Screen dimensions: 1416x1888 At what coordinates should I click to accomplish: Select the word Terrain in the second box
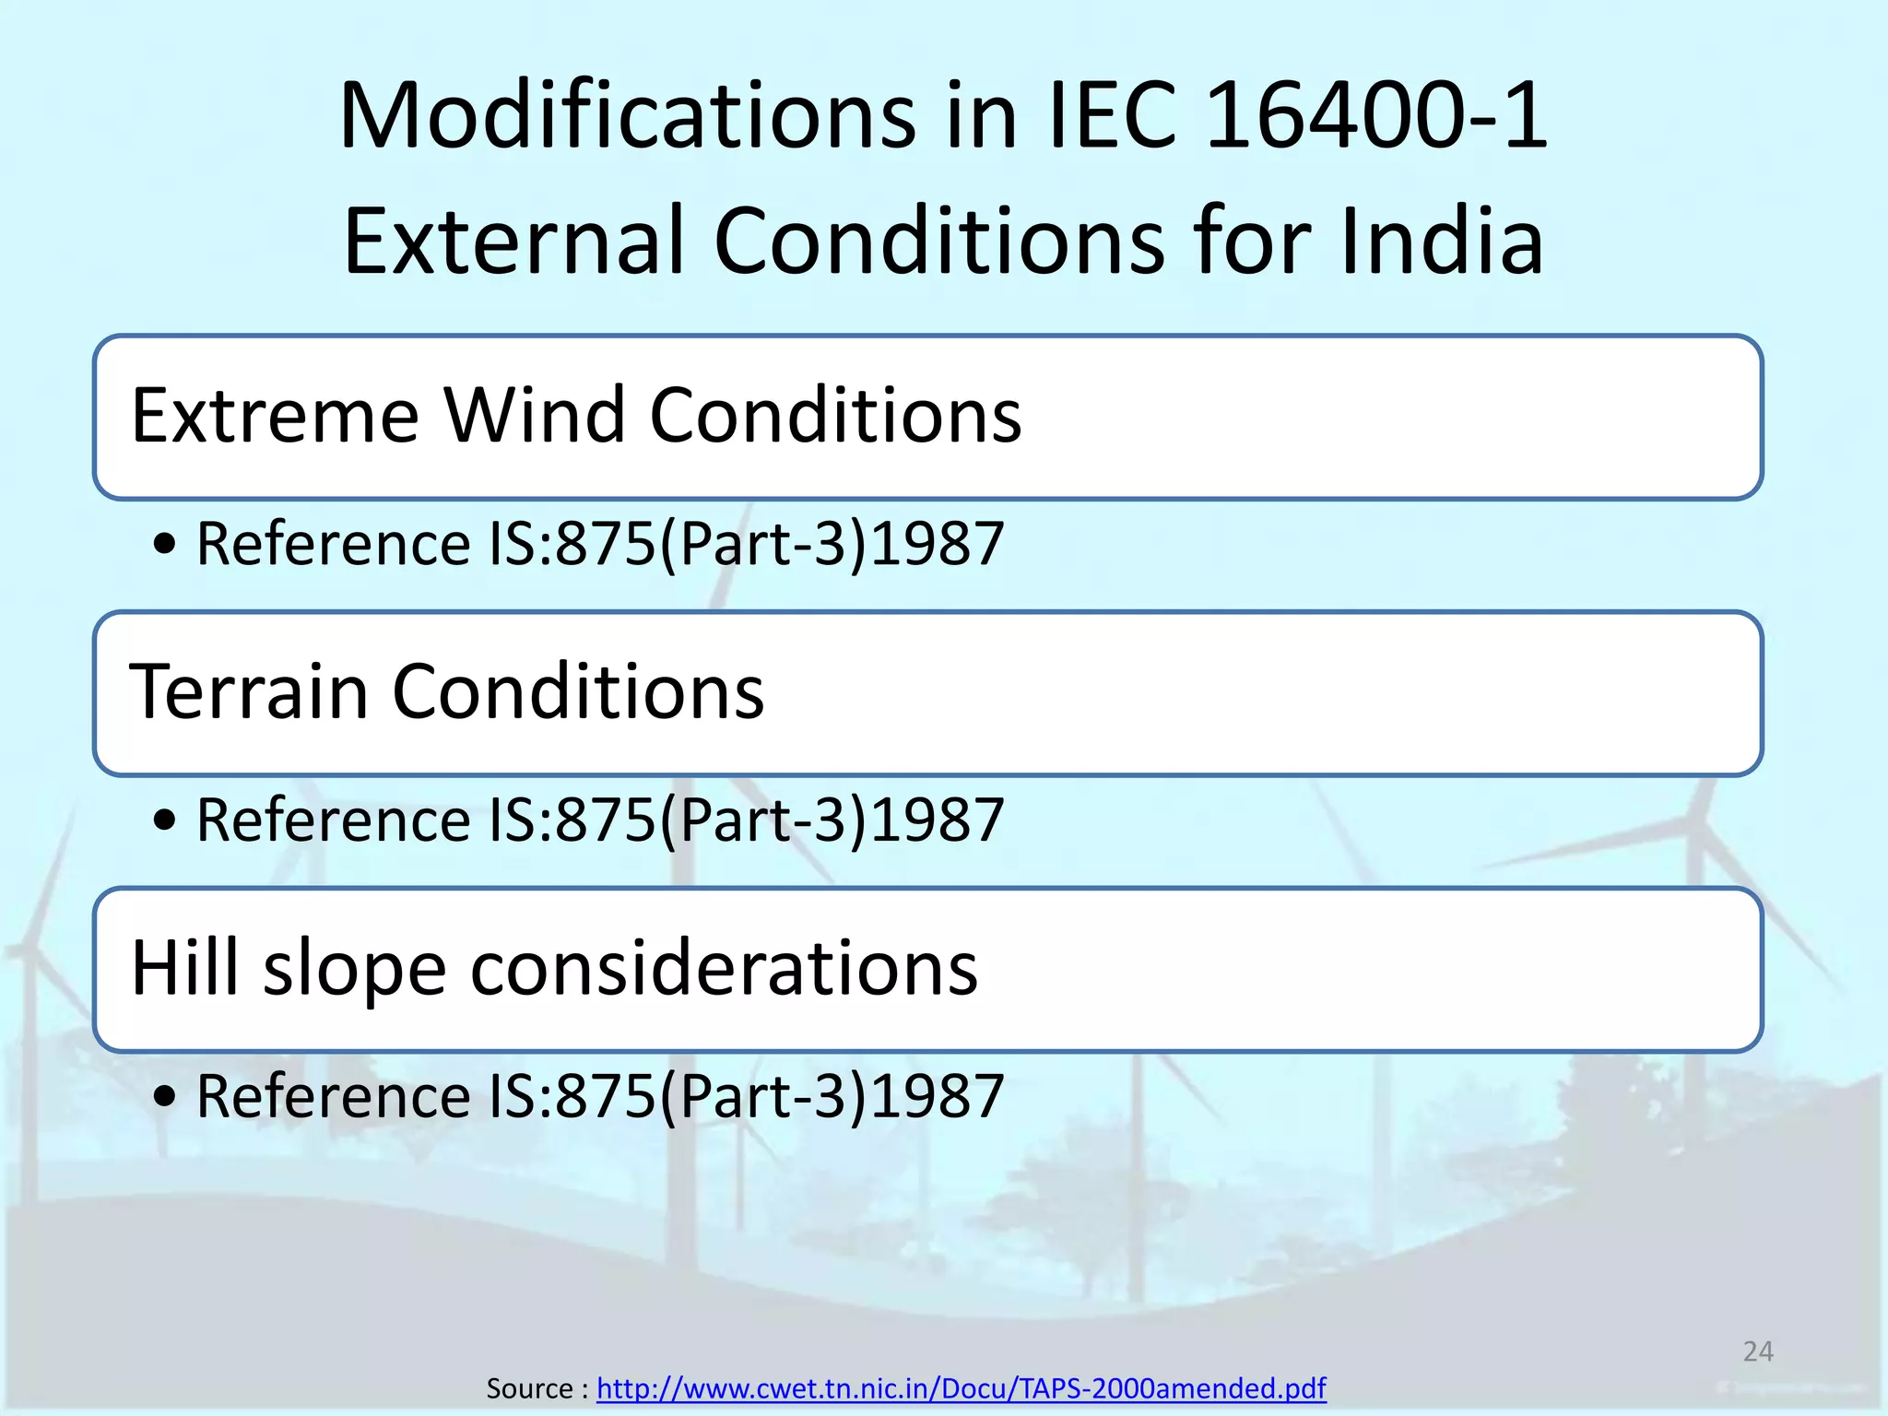pos(249,691)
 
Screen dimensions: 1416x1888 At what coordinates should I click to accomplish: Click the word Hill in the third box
pos(185,968)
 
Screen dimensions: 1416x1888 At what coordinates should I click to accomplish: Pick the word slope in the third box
pos(355,970)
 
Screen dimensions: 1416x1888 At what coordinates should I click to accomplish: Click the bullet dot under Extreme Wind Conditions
pos(164,544)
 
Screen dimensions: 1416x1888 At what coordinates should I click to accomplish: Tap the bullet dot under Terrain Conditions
pos(164,820)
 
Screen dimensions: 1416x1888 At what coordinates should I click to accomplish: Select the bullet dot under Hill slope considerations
pos(164,1097)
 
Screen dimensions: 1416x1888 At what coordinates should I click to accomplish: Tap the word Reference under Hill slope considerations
pos(334,1096)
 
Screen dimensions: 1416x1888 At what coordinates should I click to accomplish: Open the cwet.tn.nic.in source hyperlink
pos(961,1387)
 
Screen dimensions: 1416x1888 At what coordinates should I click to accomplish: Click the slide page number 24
pos(1758,1351)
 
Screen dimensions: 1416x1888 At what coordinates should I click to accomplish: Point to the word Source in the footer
pos(529,1387)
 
